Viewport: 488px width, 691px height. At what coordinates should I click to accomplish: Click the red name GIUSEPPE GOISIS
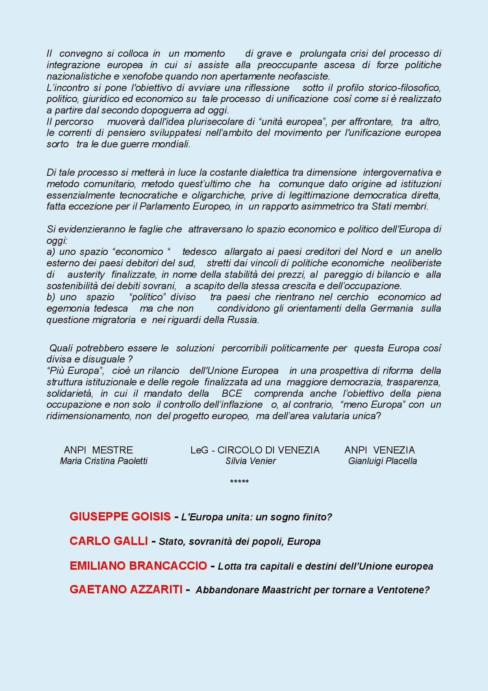[x=120, y=516]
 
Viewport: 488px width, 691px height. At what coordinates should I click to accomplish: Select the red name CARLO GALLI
[x=109, y=541]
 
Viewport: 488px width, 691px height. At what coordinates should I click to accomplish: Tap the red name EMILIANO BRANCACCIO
[x=138, y=566]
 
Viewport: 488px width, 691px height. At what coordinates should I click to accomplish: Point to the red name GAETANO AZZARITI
[x=126, y=589]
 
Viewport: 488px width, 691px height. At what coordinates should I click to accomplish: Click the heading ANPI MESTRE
[x=98, y=450]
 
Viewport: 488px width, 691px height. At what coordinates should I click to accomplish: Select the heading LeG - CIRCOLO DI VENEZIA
[x=255, y=450]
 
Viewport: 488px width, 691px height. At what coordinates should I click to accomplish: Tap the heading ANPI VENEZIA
[x=380, y=450]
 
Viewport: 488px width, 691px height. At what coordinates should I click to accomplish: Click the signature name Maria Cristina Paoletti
[x=104, y=461]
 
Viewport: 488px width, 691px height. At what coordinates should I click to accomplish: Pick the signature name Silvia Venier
[x=251, y=461]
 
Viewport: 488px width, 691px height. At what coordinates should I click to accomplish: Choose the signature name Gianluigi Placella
[x=383, y=461]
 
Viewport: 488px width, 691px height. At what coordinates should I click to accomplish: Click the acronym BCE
[x=232, y=393]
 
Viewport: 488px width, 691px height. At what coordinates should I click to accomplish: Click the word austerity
[x=86, y=274]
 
